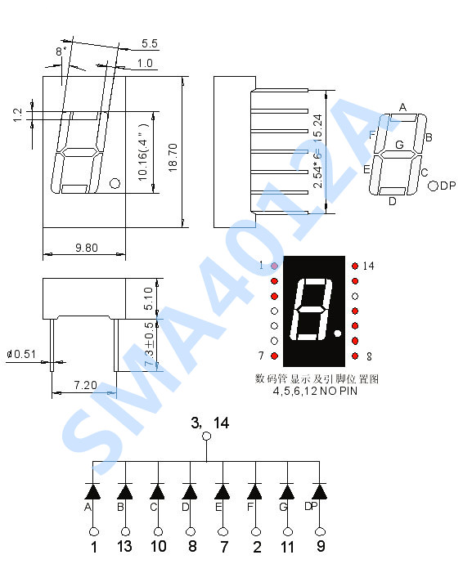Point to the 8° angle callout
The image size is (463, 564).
coord(60,51)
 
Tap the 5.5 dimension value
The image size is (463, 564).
coord(150,43)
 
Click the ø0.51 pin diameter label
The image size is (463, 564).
coord(21,354)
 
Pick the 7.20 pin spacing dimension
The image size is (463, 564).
coord(84,384)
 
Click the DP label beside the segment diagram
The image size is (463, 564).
coord(447,186)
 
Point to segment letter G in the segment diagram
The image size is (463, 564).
coord(399,145)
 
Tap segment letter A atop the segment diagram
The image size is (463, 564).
coord(402,107)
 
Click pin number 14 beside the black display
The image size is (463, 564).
coord(367,266)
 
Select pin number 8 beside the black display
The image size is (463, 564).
coord(369,356)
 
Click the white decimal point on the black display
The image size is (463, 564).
coord(339,333)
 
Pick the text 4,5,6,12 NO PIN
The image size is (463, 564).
coord(317,392)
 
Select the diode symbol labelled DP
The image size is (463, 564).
coord(319,491)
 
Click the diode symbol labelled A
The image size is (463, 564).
coord(93,491)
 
